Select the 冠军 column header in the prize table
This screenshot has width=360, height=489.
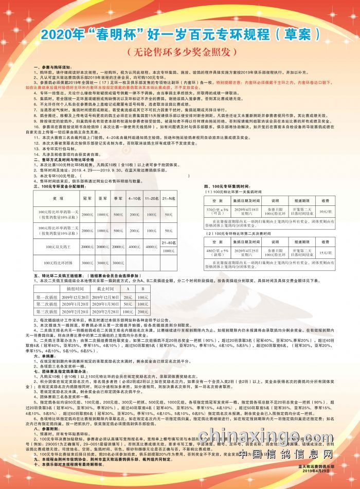point(87,198)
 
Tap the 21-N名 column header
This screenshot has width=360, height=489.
point(169,198)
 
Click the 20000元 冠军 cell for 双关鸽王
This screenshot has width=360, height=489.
point(87,247)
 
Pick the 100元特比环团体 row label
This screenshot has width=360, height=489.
point(58,263)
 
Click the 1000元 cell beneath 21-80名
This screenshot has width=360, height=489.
point(169,250)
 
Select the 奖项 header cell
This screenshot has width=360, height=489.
point(58,198)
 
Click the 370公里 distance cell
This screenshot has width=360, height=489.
point(217,211)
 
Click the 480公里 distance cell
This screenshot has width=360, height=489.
point(217,253)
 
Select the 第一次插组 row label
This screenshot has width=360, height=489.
point(47,298)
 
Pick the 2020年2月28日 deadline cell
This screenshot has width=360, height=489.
point(106,312)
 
